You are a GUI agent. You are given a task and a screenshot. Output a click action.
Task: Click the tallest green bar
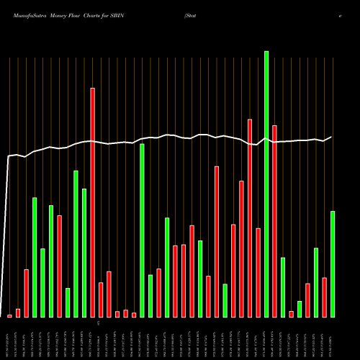266,184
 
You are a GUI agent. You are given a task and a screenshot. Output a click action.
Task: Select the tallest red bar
93,202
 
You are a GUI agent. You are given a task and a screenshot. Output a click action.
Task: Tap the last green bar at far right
333,264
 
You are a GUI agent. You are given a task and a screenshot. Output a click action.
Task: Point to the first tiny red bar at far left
9,316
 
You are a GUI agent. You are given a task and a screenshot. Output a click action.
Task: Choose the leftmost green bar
35,257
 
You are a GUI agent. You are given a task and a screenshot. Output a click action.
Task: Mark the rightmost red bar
325,297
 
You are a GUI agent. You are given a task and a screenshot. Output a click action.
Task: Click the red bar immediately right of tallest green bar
274,221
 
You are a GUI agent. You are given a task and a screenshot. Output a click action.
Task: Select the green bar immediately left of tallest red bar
84,253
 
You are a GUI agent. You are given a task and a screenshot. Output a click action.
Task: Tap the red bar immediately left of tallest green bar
258,272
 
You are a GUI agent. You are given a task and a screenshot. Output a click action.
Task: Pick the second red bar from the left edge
18,313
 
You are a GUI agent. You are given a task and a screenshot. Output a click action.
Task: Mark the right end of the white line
332,137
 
